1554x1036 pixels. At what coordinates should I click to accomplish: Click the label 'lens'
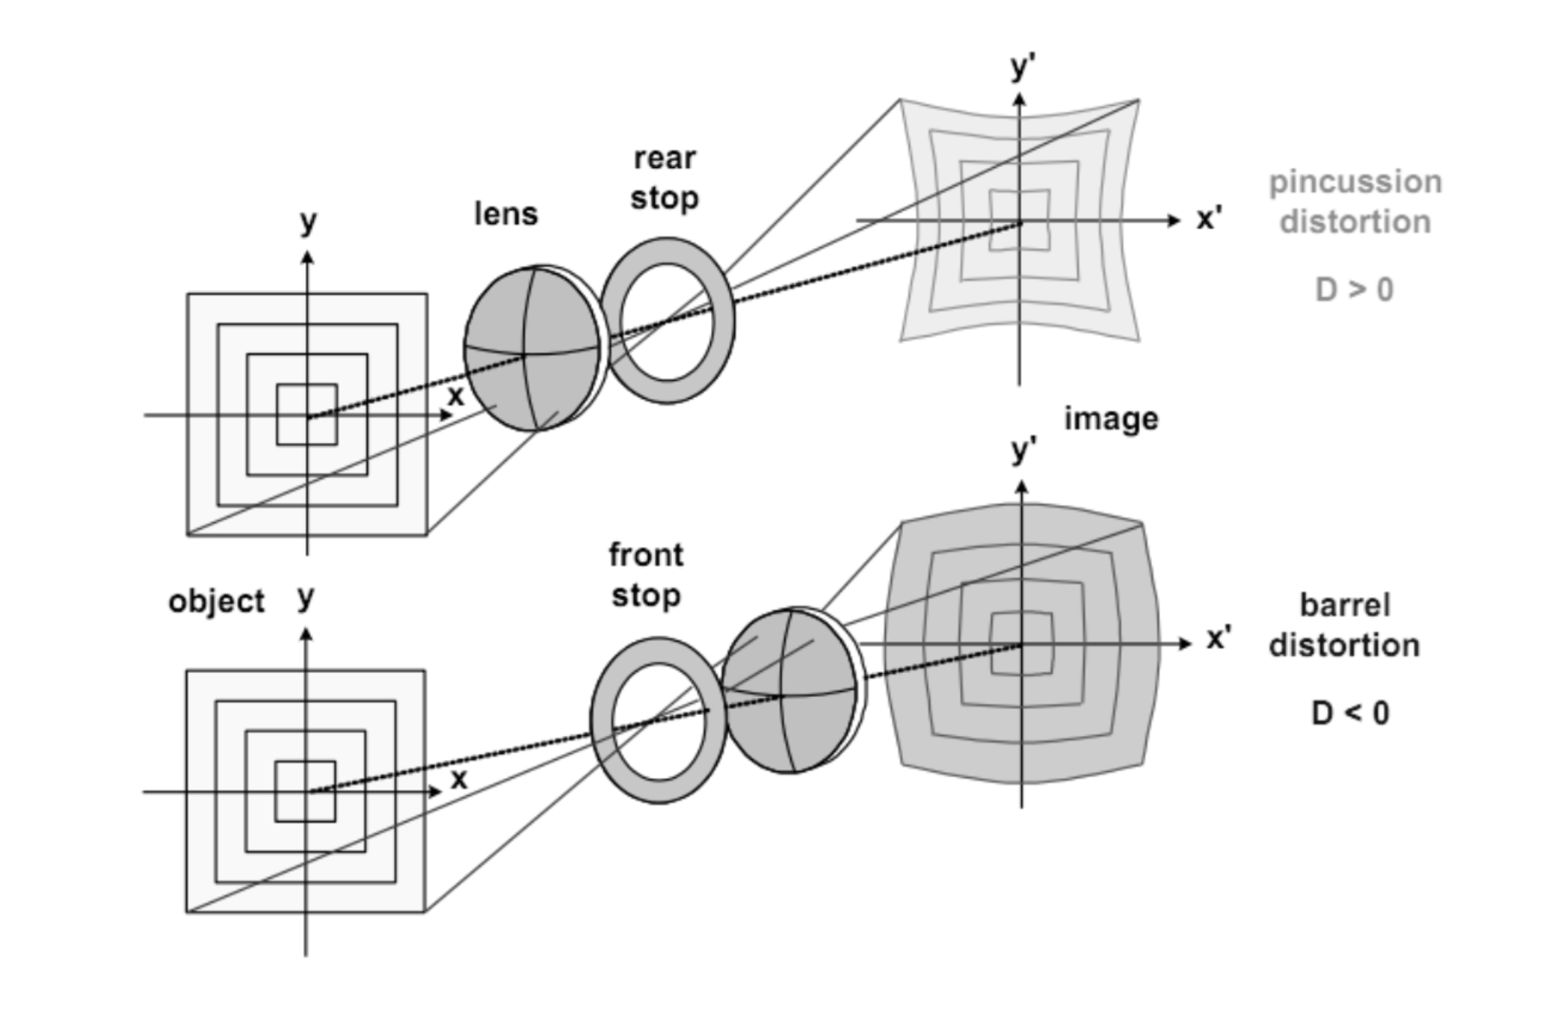coord(506,214)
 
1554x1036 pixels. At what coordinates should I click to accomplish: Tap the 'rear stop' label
coord(664,178)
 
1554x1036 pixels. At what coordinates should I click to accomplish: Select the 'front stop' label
coord(646,575)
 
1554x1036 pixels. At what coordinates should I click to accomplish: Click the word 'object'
coord(216,602)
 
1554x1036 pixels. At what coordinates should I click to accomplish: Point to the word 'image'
coord(1111,419)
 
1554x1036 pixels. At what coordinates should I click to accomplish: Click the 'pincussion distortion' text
coord(1355,201)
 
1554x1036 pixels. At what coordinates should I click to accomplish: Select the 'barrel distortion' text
coord(1344,626)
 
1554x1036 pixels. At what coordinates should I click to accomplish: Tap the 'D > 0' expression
coord(1354,290)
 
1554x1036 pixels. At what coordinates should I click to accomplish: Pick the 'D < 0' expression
coord(1350,713)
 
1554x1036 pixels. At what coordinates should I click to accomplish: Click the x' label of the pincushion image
coord(1208,218)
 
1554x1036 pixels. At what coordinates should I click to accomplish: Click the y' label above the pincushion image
coord(1023,67)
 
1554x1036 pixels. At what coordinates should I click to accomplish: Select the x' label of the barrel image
coord(1218,639)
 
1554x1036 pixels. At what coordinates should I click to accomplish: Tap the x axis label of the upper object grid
coord(456,396)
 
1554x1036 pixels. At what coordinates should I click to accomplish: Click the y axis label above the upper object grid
coord(308,223)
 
